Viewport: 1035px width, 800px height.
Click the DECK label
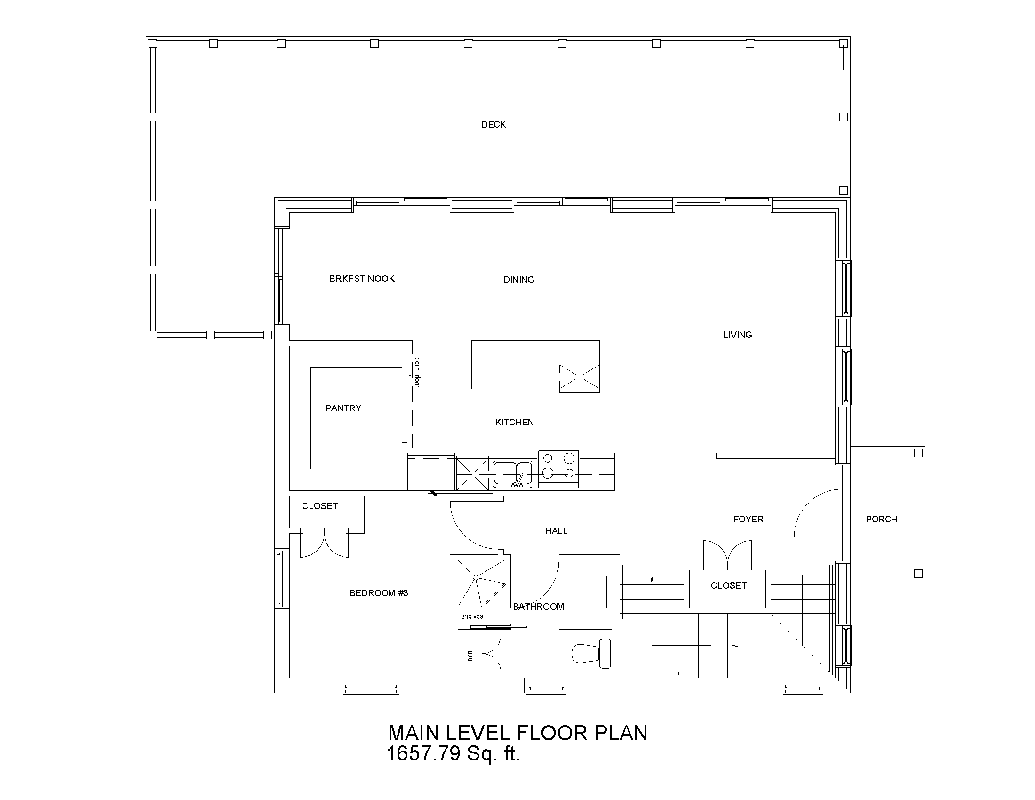click(494, 124)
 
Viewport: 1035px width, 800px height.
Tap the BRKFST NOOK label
click(362, 279)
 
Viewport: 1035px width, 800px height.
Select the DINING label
click(518, 280)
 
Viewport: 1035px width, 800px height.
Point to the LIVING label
click(737, 335)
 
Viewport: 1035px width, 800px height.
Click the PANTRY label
click(343, 408)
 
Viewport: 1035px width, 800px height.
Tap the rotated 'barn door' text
click(417, 373)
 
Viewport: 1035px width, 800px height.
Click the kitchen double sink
click(512, 473)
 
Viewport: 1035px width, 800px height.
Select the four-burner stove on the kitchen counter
click(558, 469)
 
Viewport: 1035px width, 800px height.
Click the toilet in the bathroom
click(591, 653)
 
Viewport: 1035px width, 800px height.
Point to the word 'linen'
click(470, 656)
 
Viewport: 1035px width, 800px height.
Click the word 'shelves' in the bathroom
click(472, 616)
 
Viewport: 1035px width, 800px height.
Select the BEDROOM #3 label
click(379, 593)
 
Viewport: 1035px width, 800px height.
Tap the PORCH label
click(881, 519)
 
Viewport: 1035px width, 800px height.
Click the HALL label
click(556, 531)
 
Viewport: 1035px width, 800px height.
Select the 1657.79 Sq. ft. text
click(454, 753)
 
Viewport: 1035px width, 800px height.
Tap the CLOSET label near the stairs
click(728, 585)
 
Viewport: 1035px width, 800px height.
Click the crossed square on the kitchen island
click(579, 378)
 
